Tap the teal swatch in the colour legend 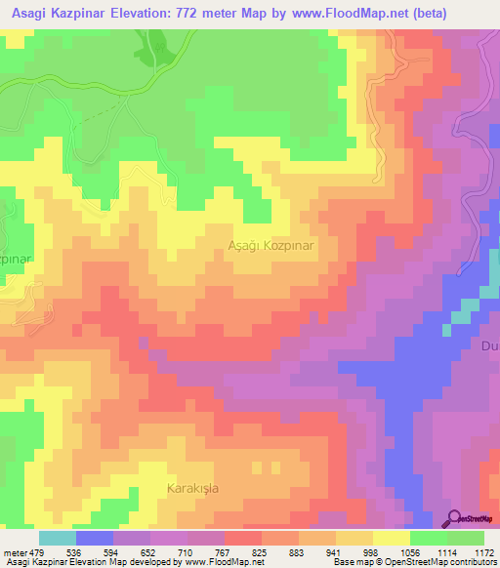pyautogui.click(x=57, y=537)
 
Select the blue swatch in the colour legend pyautogui.click(x=94, y=537)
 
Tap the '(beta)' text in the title pyautogui.click(x=431, y=14)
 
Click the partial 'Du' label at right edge pyautogui.click(x=490, y=345)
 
